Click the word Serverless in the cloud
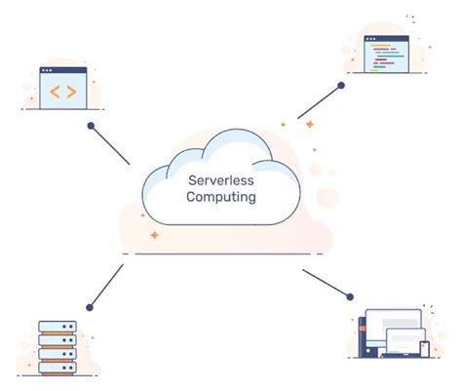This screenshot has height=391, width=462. click(221, 179)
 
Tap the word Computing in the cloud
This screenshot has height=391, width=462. click(221, 197)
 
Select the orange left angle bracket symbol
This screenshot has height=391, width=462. click(56, 94)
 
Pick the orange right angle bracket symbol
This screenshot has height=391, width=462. click(71, 94)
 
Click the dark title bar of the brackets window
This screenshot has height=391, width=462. click(63, 72)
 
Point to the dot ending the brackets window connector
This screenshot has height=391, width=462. click(91, 126)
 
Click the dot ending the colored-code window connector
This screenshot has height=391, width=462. click(341, 86)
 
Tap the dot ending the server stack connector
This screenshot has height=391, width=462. click(89, 307)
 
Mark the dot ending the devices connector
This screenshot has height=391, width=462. click(349, 293)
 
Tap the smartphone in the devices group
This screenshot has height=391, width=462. click(424, 348)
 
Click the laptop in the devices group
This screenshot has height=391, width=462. click(401, 344)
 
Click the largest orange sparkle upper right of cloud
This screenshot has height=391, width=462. click(309, 126)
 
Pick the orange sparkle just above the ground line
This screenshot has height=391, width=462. click(154, 236)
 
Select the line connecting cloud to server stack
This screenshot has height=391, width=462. click(106, 286)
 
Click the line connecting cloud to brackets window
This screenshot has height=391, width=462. click(110, 144)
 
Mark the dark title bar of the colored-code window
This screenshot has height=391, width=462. click(386, 39)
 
